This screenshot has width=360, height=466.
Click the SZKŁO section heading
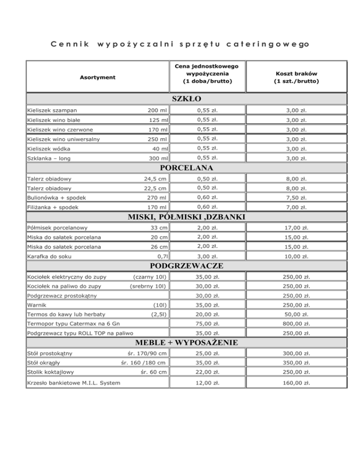click(x=187, y=99)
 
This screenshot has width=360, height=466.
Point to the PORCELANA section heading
click(x=187, y=167)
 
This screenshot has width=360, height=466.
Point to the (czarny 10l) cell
click(x=150, y=277)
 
